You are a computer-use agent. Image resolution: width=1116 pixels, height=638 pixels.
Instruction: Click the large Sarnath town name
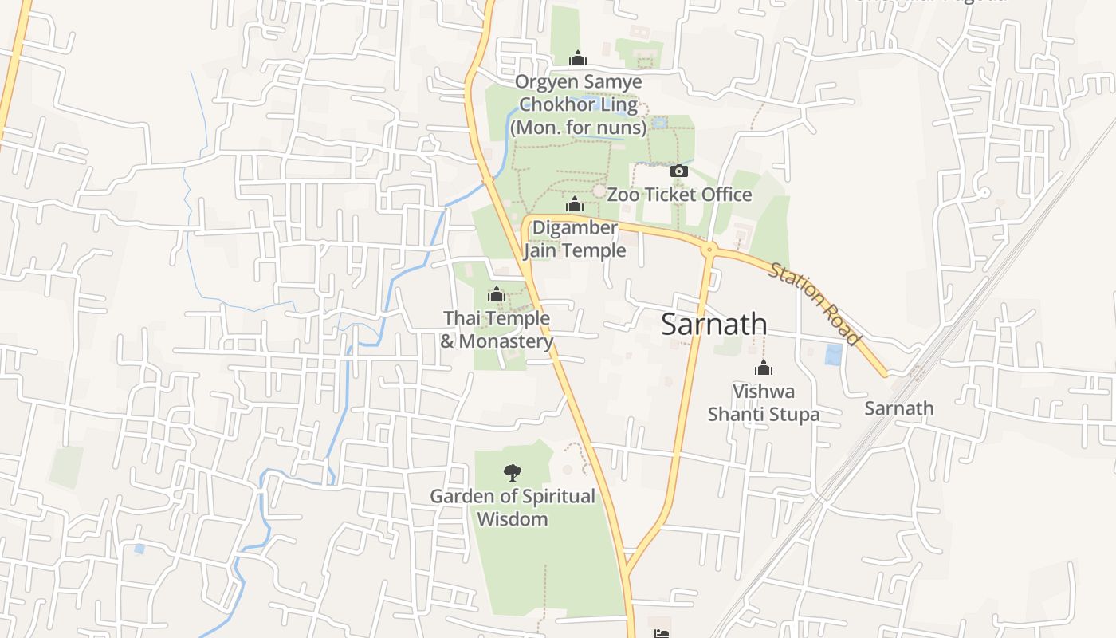coord(714,325)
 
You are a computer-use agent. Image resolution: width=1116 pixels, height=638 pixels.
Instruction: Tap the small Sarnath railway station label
coord(899,408)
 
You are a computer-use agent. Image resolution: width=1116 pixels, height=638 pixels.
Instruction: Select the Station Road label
coord(815,304)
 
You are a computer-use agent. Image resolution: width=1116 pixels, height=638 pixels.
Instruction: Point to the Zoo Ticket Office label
coord(679,195)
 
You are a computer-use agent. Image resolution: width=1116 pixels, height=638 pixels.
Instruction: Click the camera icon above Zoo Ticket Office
coord(679,171)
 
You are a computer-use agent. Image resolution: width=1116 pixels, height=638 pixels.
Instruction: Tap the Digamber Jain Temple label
coord(575,239)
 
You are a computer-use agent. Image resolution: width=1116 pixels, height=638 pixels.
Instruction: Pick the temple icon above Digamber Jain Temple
coord(575,205)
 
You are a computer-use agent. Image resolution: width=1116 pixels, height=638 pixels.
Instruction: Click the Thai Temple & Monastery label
coord(497,329)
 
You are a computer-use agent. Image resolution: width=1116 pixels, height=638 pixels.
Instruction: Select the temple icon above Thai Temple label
coord(497,295)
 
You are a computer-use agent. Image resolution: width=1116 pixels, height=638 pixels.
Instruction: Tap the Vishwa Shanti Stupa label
coord(764,403)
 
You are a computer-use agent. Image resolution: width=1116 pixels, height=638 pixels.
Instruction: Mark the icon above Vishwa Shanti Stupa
coord(764,368)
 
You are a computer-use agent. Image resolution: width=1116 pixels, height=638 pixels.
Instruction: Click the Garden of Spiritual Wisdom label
coord(513,507)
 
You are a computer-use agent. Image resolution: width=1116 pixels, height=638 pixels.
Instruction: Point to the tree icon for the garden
coord(513,473)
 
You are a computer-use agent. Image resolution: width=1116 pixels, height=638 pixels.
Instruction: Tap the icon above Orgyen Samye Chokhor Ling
coord(578,58)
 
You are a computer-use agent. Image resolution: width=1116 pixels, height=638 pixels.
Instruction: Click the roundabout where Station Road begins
coord(709,250)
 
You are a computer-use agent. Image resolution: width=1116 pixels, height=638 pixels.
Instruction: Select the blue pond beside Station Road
coord(833,354)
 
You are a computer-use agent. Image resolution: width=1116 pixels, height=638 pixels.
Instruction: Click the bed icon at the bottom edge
coord(661,633)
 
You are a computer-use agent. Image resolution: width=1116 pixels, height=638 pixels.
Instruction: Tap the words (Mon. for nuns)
coord(578,127)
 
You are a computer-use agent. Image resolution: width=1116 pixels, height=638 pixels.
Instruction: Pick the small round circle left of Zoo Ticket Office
coord(599,191)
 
